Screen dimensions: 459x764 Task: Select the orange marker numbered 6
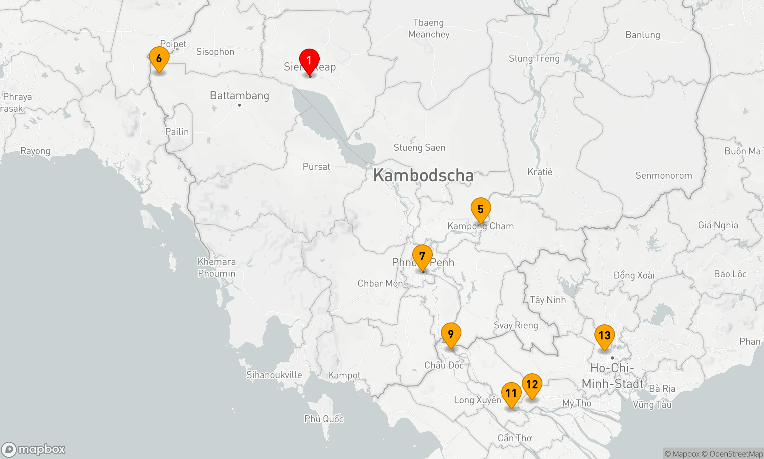point(159,59)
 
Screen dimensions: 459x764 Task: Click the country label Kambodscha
point(423,176)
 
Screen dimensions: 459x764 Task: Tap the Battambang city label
point(240,95)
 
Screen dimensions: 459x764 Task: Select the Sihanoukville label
point(274,375)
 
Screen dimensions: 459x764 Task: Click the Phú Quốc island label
point(324,419)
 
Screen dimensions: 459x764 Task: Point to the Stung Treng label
point(534,59)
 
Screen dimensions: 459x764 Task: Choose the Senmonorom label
point(664,176)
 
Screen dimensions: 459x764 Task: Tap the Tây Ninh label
point(548,300)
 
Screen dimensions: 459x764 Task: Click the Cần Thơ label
point(515,438)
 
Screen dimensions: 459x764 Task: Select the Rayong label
point(35,151)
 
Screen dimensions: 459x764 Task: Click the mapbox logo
point(34,449)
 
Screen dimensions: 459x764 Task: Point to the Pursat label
point(316,167)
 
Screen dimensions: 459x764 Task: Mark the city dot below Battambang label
point(240,105)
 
